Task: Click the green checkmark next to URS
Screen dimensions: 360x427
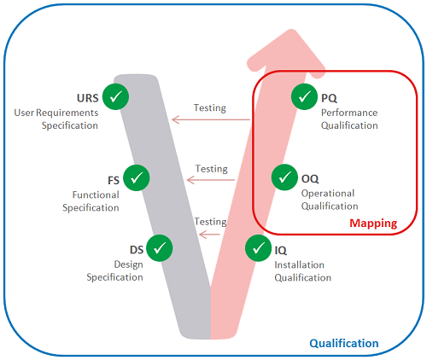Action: point(114,96)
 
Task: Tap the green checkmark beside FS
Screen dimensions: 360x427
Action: point(137,178)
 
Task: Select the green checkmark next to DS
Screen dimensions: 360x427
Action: point(160,248)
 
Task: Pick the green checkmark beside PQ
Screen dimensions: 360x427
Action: point(303,96)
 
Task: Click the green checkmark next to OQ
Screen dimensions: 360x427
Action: point(284,178)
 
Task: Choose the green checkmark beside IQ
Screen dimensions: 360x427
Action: point(258,248)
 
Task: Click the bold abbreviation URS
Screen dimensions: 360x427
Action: point(86,98)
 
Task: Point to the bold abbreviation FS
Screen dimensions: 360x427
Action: point(113,180)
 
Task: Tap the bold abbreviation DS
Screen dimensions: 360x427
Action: point(136,250)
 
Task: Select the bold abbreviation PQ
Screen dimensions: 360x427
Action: point(329,98)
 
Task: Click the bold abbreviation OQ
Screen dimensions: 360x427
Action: point(311,180)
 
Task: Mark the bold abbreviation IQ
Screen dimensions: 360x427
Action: point(281,250)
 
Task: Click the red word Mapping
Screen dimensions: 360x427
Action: point(373,224)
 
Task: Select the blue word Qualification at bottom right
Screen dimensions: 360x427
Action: point(344,343)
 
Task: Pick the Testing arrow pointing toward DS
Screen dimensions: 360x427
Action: point(210,233)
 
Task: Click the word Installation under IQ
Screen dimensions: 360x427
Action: point(300,264)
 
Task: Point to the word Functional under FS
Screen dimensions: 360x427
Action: point(97,195)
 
